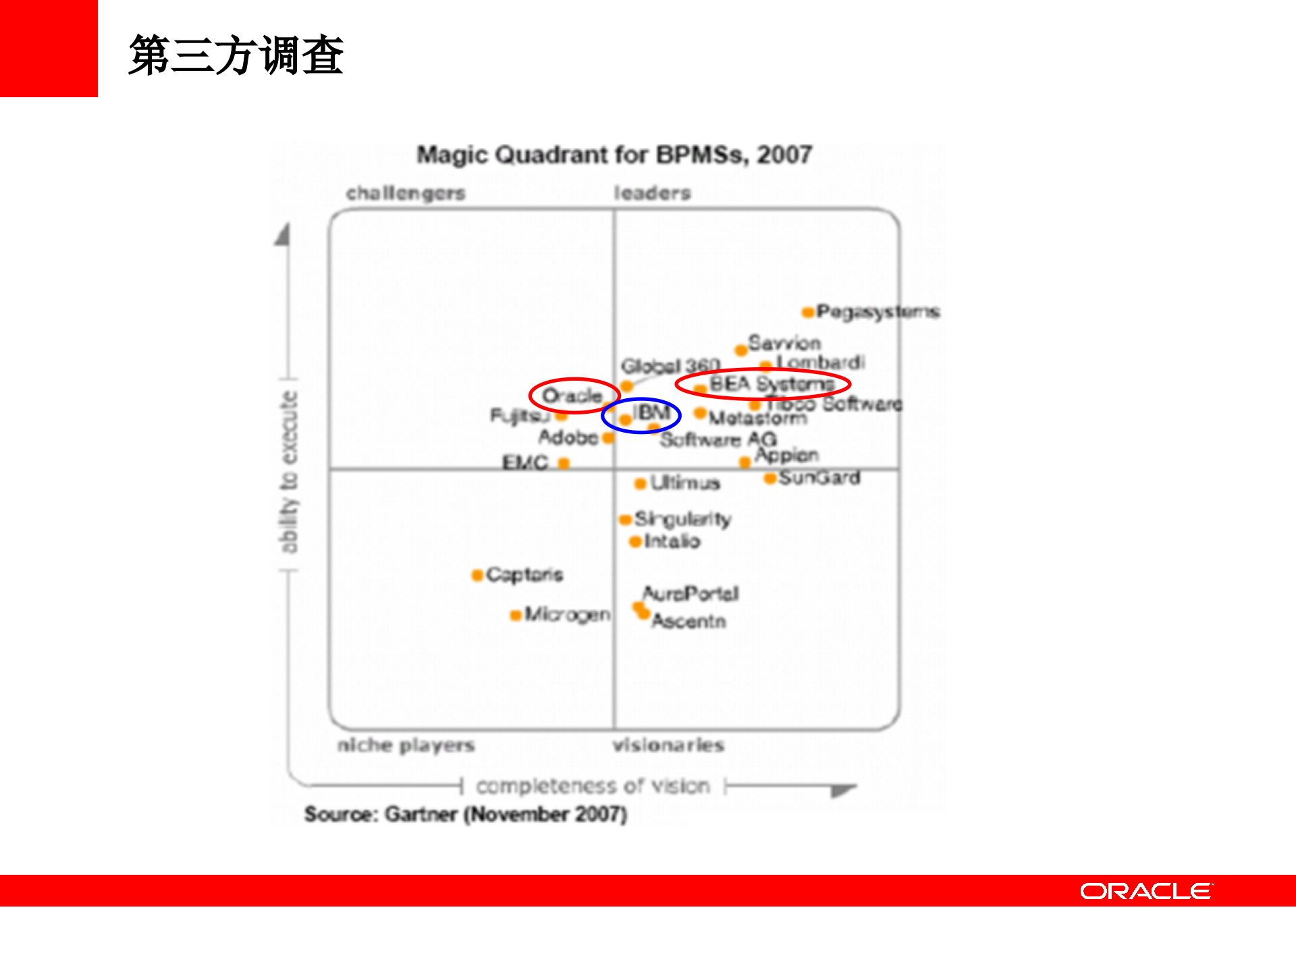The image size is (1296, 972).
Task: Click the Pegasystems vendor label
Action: [878, 312]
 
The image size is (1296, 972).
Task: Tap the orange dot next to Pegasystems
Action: [807, 312]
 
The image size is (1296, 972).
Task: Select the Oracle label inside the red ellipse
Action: [572, 396]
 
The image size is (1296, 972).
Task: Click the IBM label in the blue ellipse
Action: [651, 412]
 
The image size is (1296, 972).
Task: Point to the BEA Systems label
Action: [772, 384]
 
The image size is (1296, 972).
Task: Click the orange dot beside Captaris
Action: [477, 575]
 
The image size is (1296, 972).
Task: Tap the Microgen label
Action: [567, 614]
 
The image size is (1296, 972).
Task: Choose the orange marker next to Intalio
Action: [634, 542]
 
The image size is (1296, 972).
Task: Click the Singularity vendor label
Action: [682, 519]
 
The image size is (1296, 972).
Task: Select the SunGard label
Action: [819, 478]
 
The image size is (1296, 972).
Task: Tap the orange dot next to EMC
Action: [564, 463]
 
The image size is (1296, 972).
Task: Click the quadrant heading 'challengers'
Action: [406, 193]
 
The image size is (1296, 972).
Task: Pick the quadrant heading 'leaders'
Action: [652, 193]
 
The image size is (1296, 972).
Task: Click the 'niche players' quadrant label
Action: [406, 745]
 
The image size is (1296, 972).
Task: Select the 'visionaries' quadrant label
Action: [668, 745]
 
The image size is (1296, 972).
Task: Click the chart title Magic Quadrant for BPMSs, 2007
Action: [614, 155]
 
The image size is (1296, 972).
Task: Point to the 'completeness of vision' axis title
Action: [593, 786]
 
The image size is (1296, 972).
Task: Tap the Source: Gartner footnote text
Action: [466, 814]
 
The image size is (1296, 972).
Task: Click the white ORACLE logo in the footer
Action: [1146, 891]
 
